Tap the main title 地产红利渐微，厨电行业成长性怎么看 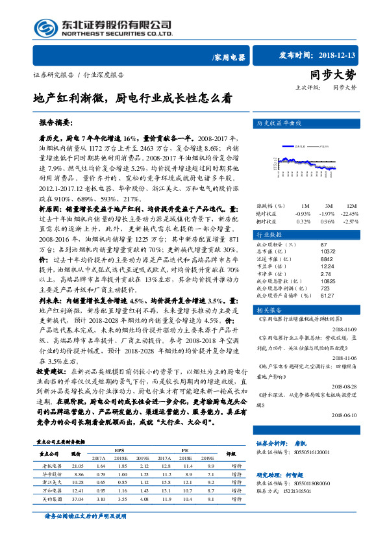click(132, 99)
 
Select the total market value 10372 click(329, 251)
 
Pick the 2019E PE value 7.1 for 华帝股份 click(210, 474)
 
